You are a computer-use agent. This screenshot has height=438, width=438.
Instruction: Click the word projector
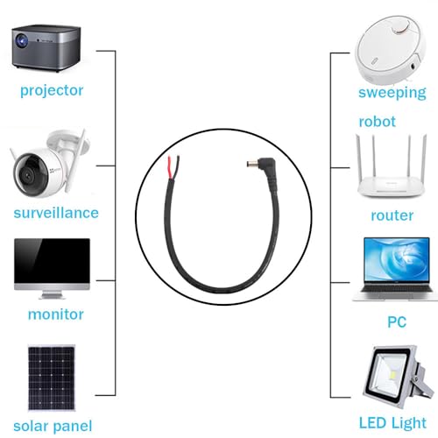[x=52, y=91]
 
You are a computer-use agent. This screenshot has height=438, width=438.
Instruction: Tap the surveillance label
[x=56, y=213]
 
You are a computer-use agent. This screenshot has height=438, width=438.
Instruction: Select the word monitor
[x=56, y=314]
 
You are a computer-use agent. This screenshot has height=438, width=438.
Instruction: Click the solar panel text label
[x=53, y=427]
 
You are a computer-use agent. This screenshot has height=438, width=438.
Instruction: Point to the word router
[x=392, y=215]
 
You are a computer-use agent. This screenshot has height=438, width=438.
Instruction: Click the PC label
[x=397, y=322]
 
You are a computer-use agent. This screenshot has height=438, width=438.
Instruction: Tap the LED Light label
[x=392, y=423]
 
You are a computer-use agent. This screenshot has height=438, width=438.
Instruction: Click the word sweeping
[x=392, y=93]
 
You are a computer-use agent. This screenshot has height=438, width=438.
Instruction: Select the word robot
[x=377, y=122]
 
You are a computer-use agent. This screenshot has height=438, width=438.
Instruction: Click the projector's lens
[x=22, y=40]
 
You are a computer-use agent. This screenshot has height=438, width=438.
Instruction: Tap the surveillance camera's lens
[x=29, y=175]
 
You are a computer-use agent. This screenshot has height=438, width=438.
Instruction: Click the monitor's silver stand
[x=52, y=294]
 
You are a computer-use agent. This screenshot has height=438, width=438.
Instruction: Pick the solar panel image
[x=52, y=378]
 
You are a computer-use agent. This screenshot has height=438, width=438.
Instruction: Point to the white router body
[x=392, y=187]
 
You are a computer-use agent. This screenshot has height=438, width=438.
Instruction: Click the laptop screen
[x=397, y=260]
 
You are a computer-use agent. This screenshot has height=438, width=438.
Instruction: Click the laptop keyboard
[x=397, y=288]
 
